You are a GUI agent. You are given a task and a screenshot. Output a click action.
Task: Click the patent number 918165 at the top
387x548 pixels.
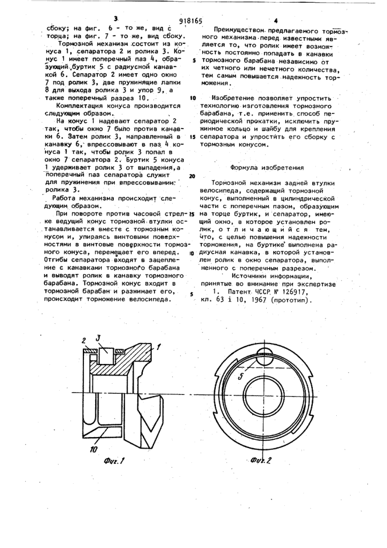[190, 21]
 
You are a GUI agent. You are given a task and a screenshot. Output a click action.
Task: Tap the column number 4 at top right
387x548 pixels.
[276, 20]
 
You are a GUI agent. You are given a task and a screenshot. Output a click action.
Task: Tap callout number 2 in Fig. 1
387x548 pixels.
[84, 340]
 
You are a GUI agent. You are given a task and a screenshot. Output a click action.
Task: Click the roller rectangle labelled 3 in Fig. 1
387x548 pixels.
[105, 356]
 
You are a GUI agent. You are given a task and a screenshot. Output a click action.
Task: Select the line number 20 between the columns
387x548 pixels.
[192, 176]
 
